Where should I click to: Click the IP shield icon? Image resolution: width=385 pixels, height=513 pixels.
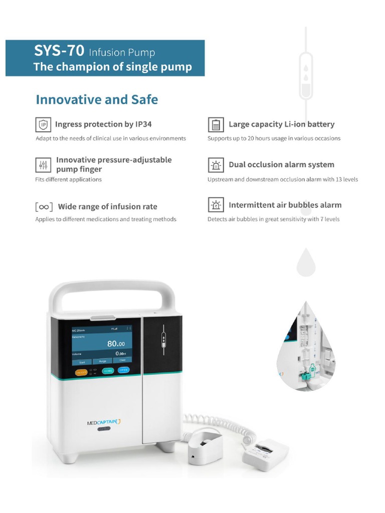click(x=43, y=124)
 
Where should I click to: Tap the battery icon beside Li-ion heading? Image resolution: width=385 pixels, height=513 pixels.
click(x=216, y=124)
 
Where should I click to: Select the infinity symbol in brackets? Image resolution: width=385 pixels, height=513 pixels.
click(x=44, y=206)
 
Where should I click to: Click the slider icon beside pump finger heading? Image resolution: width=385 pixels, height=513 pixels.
click(x=43, y=165)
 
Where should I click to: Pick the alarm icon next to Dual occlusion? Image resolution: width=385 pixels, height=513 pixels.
click(x=216, y=165)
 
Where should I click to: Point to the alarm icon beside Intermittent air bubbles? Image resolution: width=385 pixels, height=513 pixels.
click(x=216, y=205)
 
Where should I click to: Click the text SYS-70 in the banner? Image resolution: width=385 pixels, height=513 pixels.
click(x=59, y=51)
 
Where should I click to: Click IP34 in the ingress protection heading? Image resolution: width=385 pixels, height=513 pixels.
click(x=142, y=124)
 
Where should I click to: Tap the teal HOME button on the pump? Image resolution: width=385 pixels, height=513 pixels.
click(x=108, y=371)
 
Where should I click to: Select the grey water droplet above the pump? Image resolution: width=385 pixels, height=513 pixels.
click(x=306, y=263)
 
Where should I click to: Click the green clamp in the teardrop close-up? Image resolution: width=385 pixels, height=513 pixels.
click(x=312, y=370)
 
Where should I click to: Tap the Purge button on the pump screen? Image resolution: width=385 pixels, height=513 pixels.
click(x=103, y=360)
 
